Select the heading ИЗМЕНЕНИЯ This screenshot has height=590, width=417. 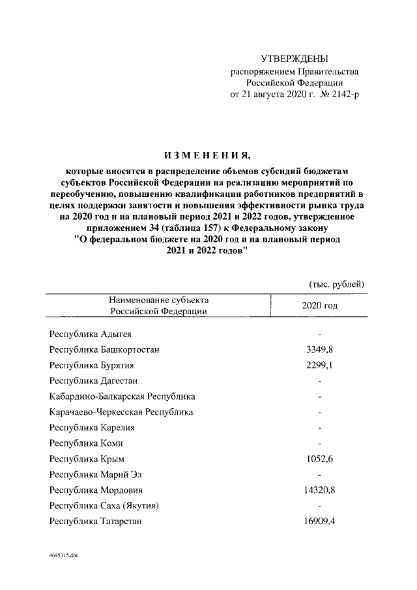(x=207, y=155)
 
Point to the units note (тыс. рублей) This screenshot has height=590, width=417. (x=336, y=284)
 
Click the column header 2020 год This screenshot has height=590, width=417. (x=319, y=305)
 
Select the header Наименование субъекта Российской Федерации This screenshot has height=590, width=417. (x=159, y=305)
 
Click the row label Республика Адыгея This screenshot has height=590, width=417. (x=89, y=334)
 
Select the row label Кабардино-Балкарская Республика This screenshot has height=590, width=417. (x=122, y=396)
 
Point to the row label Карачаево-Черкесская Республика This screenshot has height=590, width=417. (x=121, y=412)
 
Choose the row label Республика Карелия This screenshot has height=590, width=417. (x=92, y=428)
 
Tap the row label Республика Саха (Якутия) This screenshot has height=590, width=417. (x=104, y=506)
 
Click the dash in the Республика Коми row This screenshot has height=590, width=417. (x=319, y=443)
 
